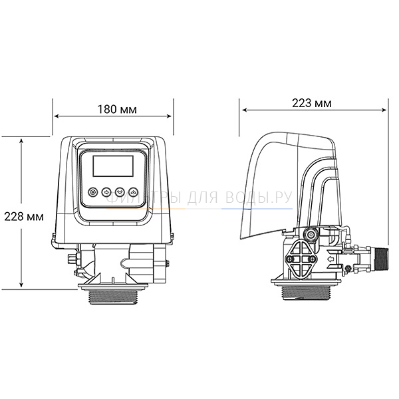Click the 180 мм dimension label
point(117,110)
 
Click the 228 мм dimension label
point(24,217)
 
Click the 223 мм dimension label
point(312,103)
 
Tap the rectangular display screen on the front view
point(113,166)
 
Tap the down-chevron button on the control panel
point(120,192)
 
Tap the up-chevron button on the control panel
point(134,192)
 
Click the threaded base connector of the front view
point(113,297)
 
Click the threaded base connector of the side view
point(307,293)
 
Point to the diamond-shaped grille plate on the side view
point(301,259)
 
